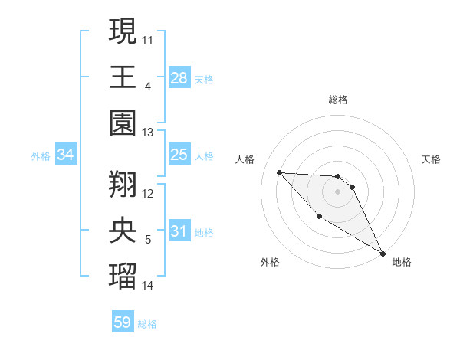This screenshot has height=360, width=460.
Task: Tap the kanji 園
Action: [x=123, y=123]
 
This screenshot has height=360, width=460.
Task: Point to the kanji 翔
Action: [x=123, y=184]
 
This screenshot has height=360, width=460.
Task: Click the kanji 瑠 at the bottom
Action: [x=123, y=276]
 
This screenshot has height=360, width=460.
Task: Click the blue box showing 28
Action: [x=179, y=78]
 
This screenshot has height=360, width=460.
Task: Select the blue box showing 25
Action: [x=179, y=155]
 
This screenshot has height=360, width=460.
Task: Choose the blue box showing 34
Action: [x=66, y=155]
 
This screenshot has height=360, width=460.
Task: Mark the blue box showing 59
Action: [x=122, y=322]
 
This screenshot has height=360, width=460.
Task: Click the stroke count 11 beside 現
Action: [x=148, y=39]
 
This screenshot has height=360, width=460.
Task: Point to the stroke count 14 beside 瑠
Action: [x=148, y=286]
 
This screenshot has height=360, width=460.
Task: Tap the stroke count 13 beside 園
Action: [x=148, y=133]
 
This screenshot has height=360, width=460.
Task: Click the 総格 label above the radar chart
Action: [x=338, y=100]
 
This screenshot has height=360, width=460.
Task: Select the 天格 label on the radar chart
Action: [x=432, y=159]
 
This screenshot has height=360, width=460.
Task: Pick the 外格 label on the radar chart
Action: [x=270, y=263]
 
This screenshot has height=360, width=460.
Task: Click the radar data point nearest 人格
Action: [x=280, y=172]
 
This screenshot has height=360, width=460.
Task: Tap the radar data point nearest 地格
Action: [x=383, y=254]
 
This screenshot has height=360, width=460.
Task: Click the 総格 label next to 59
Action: [x=147, y=324]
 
